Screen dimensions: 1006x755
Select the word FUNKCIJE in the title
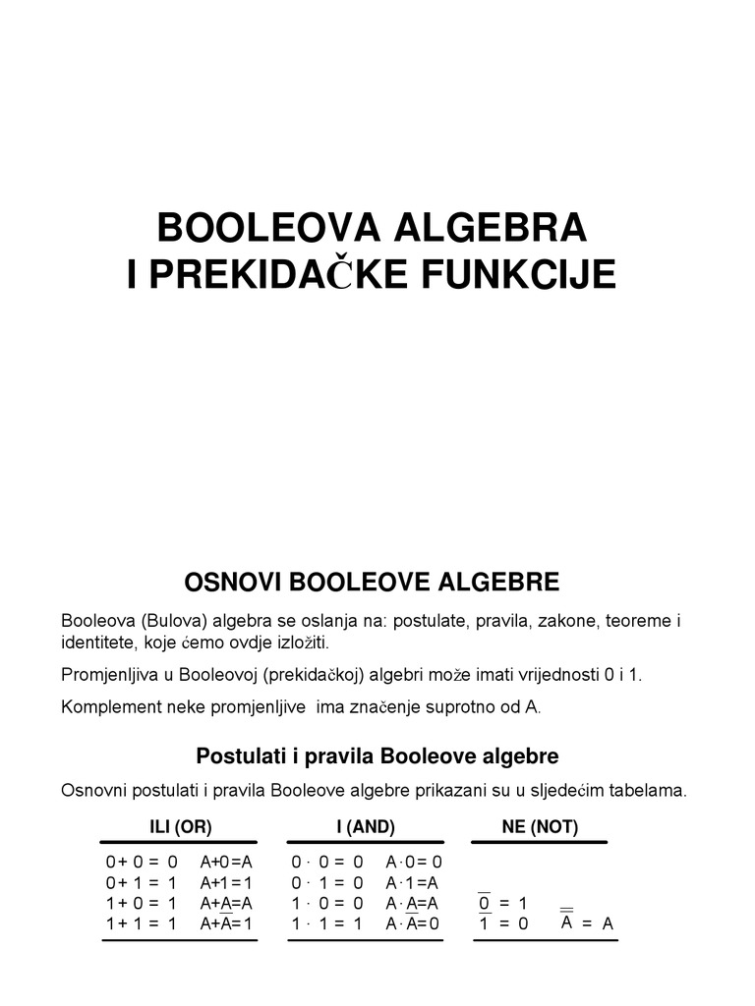tap(532, 275)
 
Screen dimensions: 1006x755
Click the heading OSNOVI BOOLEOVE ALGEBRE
tap(372, 583)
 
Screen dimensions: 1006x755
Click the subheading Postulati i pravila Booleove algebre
tap(377, 756)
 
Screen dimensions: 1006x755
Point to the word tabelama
tap(644, 791)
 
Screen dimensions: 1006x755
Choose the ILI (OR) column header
tap(180, 827)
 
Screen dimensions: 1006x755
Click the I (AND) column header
tap(366, 827)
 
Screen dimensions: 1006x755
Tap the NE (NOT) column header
tap(540, 827)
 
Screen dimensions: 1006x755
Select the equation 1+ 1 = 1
tap(142, 923)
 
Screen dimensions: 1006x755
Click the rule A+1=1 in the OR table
tap(226, 882)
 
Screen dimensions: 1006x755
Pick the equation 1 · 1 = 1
tap(327, 923)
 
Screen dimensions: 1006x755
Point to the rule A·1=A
tap(412, 882)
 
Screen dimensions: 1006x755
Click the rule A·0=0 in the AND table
tap(414, 862)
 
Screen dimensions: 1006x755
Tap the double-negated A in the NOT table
tap(567, 922)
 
